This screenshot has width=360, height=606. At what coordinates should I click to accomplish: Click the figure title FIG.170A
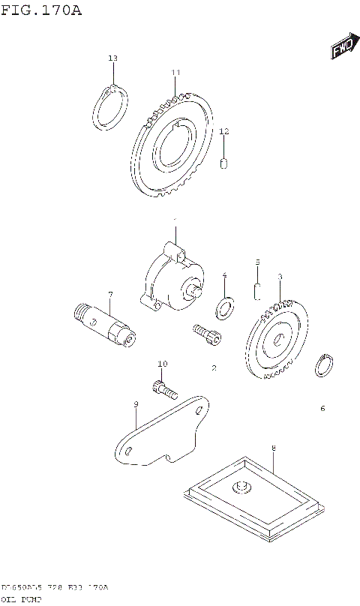(x=41, y=10)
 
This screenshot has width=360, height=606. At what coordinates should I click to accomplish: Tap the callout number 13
(x=112, y=58)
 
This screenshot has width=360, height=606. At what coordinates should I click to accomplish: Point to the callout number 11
(x=175, y=73)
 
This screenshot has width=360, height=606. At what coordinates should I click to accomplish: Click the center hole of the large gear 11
(x=175, y=145)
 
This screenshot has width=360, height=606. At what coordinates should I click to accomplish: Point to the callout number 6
(x=322, y=409)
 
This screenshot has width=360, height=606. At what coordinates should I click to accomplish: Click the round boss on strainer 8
(x=242, y=488)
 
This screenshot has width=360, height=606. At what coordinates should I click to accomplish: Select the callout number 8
(x=274, y=448)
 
